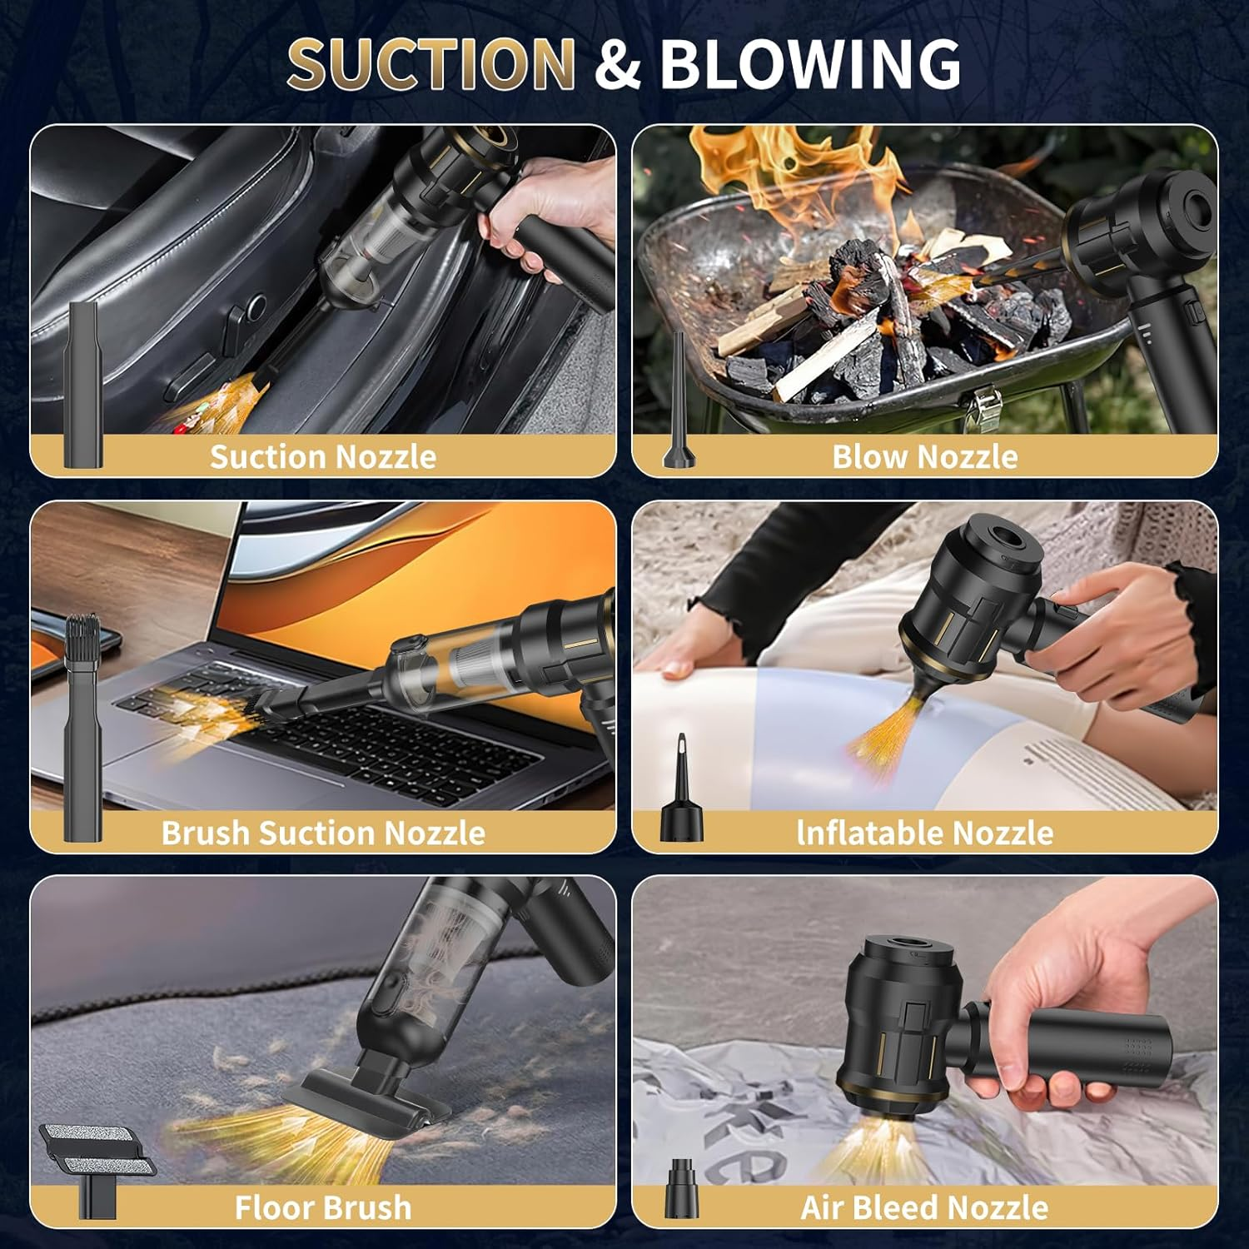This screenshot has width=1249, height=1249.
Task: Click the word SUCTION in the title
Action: click(x=431, y=63)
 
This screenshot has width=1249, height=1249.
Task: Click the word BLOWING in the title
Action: click(x=809, y=63)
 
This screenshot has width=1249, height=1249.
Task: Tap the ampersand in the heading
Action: click(x=617, y=65)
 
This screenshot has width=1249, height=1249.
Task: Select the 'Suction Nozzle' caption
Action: click(x=323, y=456)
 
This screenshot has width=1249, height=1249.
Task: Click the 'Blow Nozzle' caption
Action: click(x=924, y=456)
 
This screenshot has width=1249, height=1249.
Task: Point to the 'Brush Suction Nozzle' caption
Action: click(x=323, y=833)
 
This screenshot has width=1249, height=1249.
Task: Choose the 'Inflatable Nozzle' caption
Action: click(x=924, y=833)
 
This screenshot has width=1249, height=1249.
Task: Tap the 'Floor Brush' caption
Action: click(x=323, y=1207)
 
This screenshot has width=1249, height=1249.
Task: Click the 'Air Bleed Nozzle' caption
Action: click(x=924, y=1207)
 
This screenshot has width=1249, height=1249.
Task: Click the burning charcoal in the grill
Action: click(x=874, y=308)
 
